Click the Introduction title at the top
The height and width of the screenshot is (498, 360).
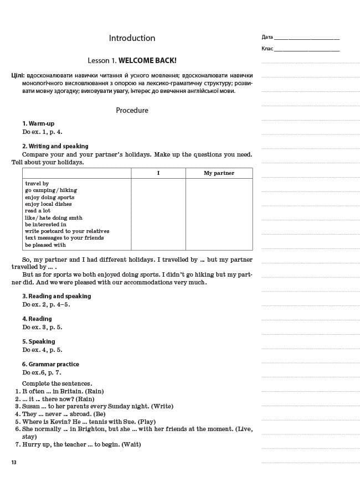click(x=132, y=38)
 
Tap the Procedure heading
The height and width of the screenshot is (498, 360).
click(x=132, y=110)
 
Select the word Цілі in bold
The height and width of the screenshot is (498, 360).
click(x=17, y=75)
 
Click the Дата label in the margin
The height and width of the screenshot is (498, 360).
click(x=267, y=37)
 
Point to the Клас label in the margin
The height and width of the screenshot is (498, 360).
click(x=267, y=49)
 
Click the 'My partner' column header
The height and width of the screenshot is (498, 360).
click(x=219, y=173)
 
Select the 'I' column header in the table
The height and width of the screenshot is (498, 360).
click(x=158, y=173)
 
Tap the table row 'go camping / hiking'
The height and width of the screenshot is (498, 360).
click(x=51, y=190)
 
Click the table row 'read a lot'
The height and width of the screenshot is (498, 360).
click(x=38, y=211)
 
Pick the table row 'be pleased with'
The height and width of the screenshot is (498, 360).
click(x=45, y=245)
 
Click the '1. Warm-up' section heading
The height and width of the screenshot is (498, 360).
click(x=38, y=123)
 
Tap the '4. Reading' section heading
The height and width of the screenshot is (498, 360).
click(x=37, y=319)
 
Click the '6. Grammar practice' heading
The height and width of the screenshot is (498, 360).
click(x=50, y=364)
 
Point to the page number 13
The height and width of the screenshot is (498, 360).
click(x=14, y=462)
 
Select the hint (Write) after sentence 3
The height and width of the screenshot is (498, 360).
click(x=162, y=406)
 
